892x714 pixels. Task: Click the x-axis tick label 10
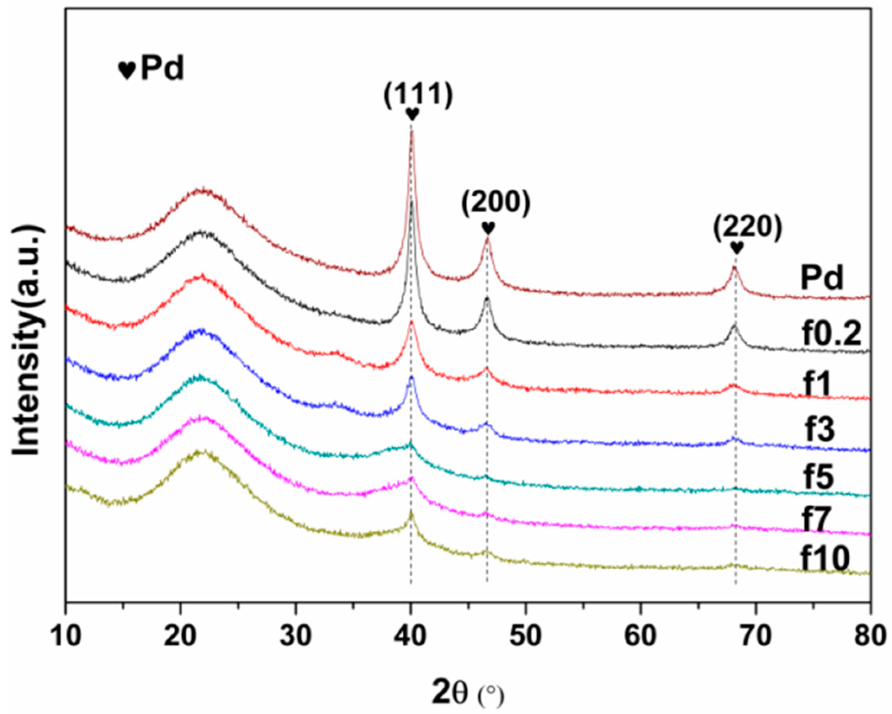tap(66, 636)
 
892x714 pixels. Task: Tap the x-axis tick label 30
tap(296, 636)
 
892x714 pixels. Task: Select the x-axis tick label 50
tap(526, 636)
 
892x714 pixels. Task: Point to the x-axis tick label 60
tap(641, 636)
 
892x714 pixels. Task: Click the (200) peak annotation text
tap(496, 204)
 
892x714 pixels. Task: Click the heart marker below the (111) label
tap(412, 114)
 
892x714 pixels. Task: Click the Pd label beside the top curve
tap(822, 278)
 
